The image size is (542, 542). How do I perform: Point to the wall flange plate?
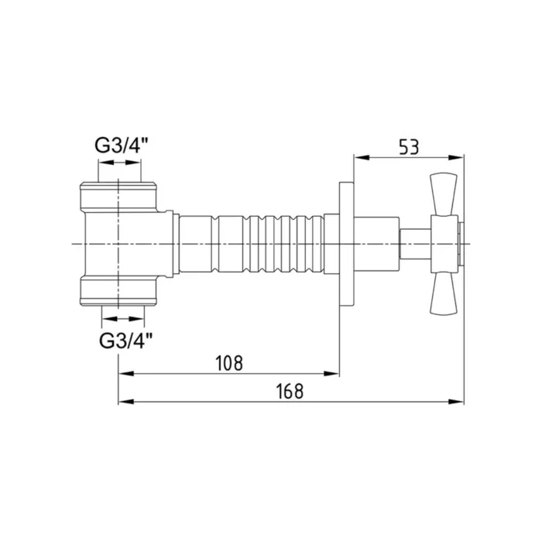[x=346, y=244]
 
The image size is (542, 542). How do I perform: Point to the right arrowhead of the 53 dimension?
[x=458, y=159]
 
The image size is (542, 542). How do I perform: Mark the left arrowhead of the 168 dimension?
[x=125, y=402]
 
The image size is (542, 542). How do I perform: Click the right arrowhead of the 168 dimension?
[x=458, y=402]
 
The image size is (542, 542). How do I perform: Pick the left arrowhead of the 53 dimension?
[x=360, y=159]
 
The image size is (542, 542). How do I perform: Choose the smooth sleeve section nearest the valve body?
[x=197, y=244]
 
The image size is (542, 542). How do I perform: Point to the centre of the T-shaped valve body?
[x=124, y=244]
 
